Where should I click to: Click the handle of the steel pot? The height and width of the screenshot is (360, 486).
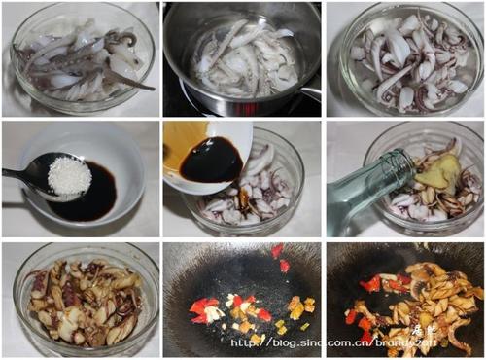(x=309, y=92)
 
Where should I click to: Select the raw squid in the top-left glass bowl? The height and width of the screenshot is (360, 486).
(x=78, y=63)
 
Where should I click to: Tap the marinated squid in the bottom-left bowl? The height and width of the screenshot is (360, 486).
(x=83, y=302)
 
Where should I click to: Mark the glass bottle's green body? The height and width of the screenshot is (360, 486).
(x=355, y=199)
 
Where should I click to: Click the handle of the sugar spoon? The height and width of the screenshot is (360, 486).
(x=17, y=174)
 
